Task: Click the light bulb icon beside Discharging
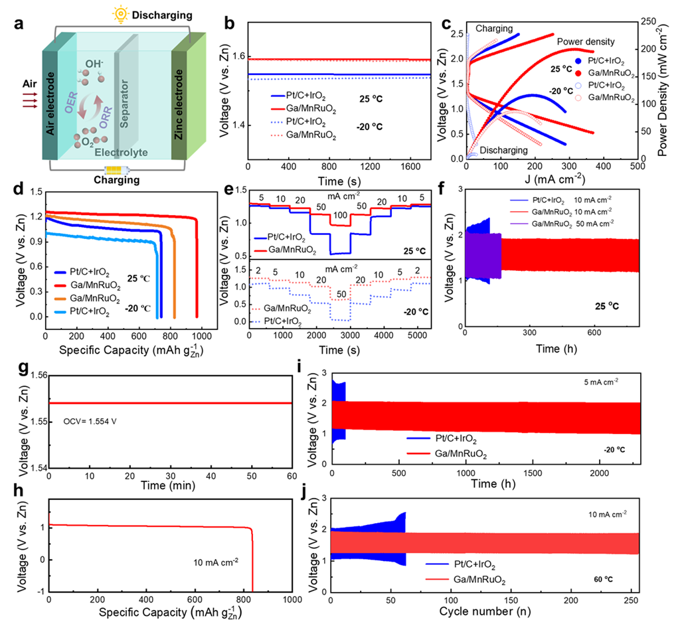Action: [x=122, y=14]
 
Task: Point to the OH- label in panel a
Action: [x=94, y=64]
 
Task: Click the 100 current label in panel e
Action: [x=339, y=216]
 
